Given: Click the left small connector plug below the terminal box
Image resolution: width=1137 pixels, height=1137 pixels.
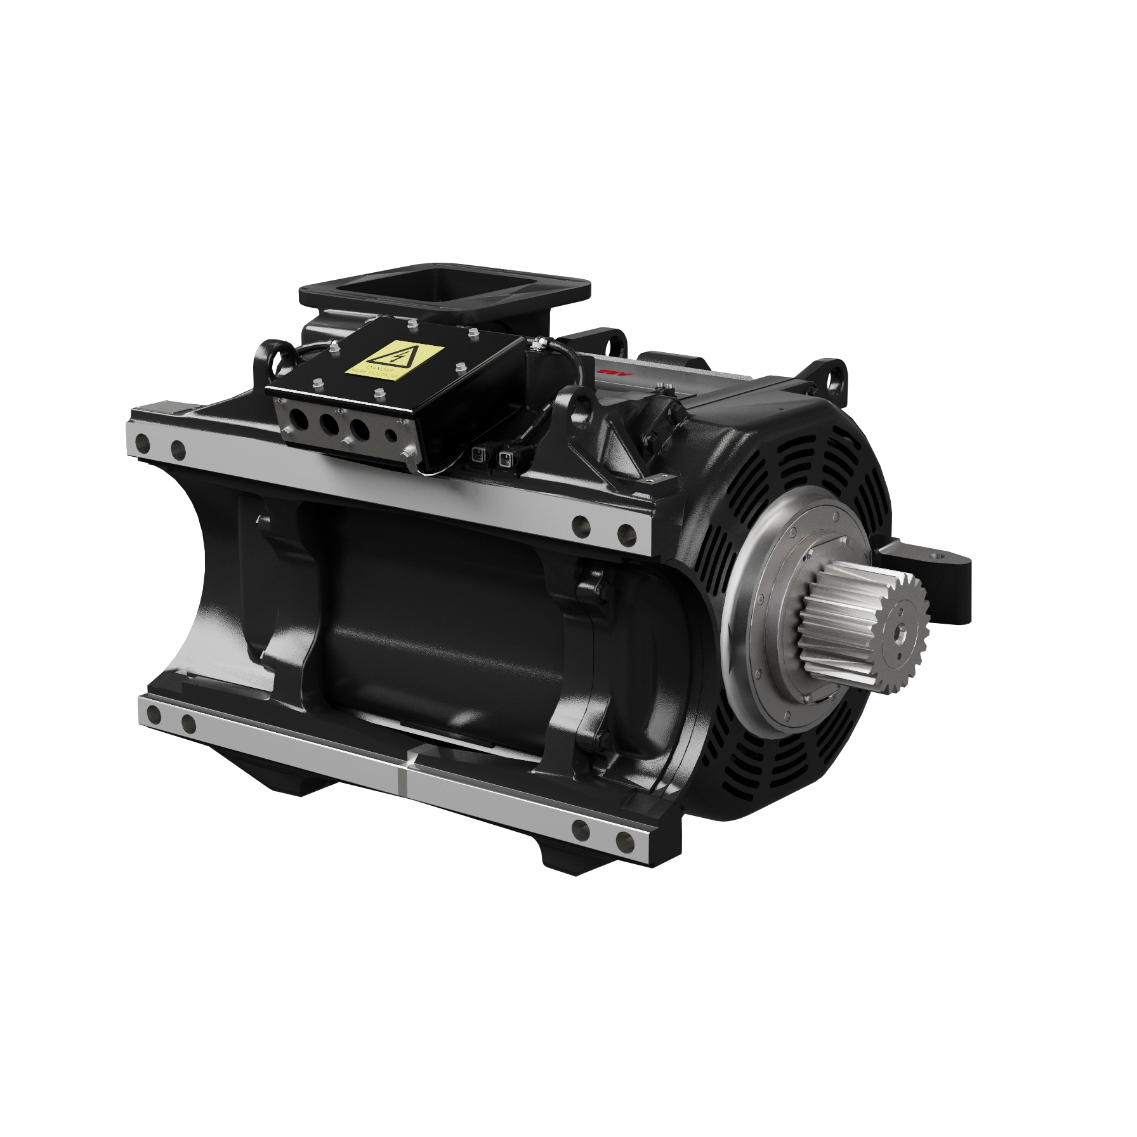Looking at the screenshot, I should tap(478, 454).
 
